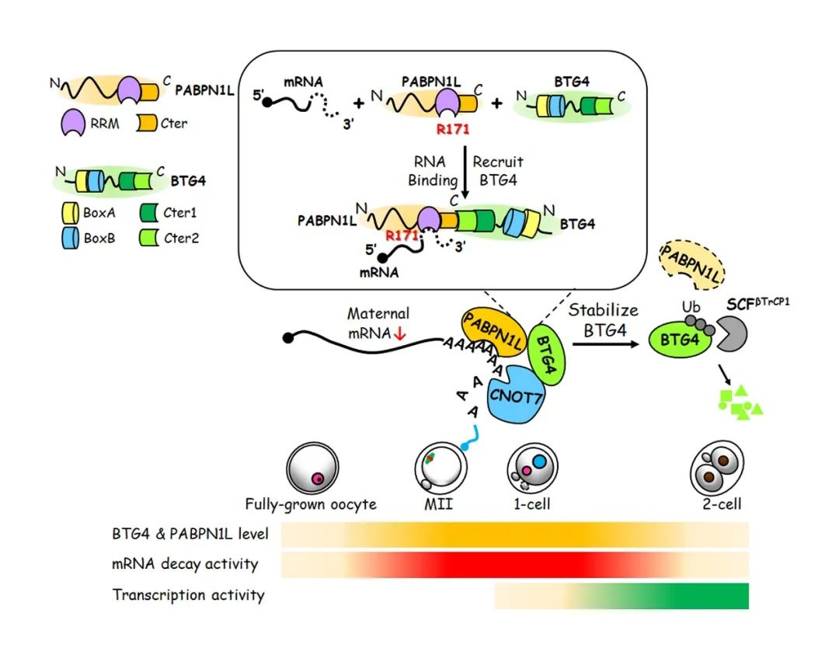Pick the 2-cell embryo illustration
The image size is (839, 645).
pos(713,469)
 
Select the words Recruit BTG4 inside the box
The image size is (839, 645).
pos(497,170)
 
